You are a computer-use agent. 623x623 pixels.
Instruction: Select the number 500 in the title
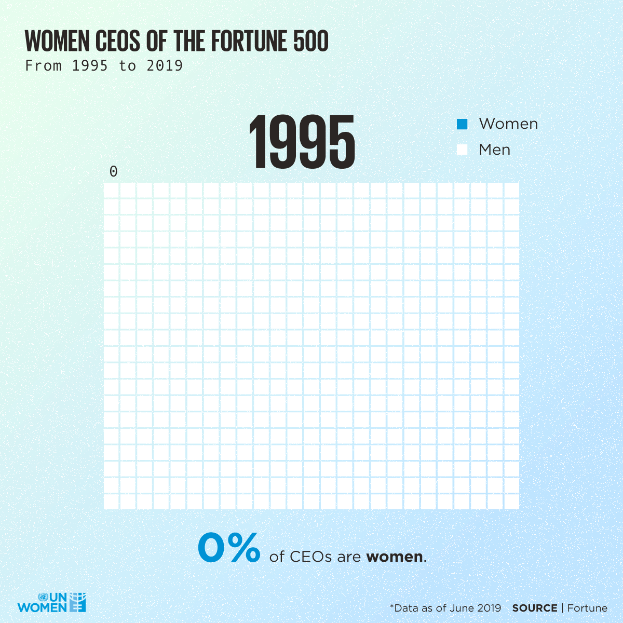pyautogui.click(x=310, y=42)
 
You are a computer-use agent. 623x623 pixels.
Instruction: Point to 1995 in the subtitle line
pyautogui.click(x=90, y=66)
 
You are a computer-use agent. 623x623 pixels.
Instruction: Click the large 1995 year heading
pyautogui.click(x=302, y=142)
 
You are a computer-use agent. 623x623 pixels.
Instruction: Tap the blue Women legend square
pyautogui.click(x=462, y=124)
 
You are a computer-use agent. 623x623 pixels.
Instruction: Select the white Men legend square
pyautogui.click(x=462, y=150)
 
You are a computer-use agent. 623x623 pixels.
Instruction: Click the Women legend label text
pyautogui.click(x=508, y=124)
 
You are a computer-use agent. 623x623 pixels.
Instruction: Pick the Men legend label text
pyautogui.click(x=494, y=150)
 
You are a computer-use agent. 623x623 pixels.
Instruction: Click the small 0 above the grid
pyautogui.click(x=113, y=171)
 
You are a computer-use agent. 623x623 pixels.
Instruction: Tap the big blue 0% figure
pyautogui.click(x=229, y=548)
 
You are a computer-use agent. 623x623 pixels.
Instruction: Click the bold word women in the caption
pyautogui.click(x=395, y=557)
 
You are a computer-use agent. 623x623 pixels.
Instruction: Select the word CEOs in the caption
pyautogui.click(x=310, y=557)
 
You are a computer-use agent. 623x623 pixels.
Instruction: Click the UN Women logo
pyautogui.click(x=52, y=602)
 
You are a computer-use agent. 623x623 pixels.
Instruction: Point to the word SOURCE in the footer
pyautogui.click(x=535, y=608)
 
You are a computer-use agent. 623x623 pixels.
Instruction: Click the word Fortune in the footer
pyautogui.click(x=587, y=608)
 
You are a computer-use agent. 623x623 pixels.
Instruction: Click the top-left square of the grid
pyautogui.click(x=111, y=190)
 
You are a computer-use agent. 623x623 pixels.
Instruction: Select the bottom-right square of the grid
pyautogui.click(x=511, y=502)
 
